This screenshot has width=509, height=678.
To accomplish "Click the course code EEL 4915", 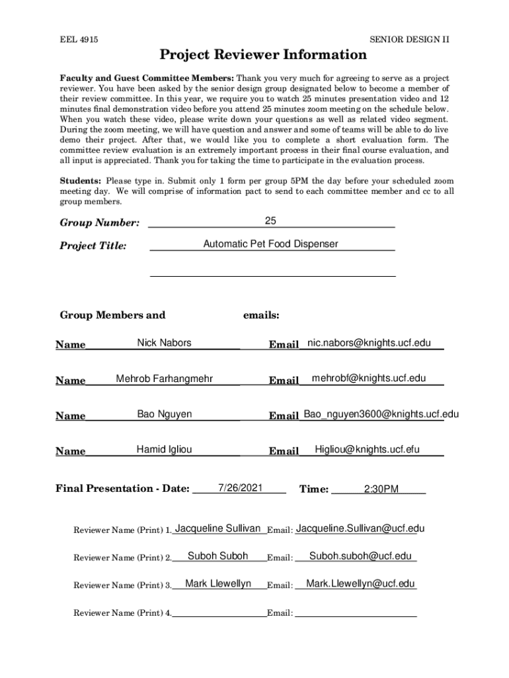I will (79, 40).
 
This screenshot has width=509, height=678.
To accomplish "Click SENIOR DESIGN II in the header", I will (409, 40).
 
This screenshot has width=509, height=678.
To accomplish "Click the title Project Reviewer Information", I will (262, 55).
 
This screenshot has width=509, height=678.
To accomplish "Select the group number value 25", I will (270, 220).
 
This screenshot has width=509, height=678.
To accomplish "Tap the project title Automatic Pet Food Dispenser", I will (270, 244).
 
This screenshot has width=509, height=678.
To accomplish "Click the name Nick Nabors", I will (164, 343).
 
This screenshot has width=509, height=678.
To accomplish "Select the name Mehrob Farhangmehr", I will (164, 379).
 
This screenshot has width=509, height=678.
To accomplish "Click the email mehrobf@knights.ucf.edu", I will (369, 379).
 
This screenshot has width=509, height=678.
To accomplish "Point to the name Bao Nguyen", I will (165, 414).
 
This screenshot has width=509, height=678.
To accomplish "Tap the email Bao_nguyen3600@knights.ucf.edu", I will (381, 414).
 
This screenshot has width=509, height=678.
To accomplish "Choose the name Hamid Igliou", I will (164, 450).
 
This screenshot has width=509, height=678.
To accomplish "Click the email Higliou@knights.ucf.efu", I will (367, 450).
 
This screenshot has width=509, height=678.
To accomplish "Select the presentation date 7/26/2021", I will (241, 488).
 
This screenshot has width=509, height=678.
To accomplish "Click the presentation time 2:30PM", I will (381, 490).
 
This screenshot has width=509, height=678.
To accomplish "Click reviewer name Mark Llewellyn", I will (218, 584).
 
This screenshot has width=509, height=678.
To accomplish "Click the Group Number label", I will (100, 223).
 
